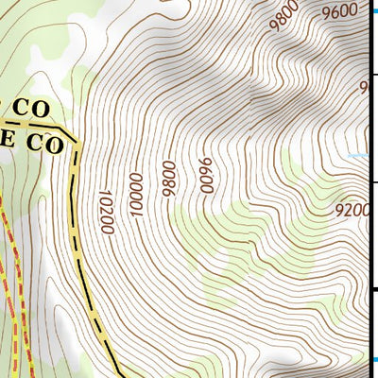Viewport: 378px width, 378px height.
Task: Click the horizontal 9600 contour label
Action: pyautogui.click(x=339, y=12)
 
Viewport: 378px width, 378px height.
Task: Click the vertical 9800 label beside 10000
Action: pyautogui.click(x=169, y=179)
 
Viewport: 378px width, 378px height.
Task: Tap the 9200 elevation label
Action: pyautogui.click(x=352, y=210)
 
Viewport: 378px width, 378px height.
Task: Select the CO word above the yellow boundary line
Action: pyautogui.click(x=31, y=109)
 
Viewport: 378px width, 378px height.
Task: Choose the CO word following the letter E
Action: pyautogui.click(x=44, y=146)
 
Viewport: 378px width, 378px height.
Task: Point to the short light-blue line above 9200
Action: pyautogui.click(x=356, y=155)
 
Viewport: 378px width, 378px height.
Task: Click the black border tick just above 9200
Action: pyautogui.click(x=372, y=182)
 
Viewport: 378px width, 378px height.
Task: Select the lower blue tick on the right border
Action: pyautogui.click(x=375, y=358)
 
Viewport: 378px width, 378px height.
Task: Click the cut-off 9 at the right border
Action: pyautogui.click(x=363, y=88)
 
